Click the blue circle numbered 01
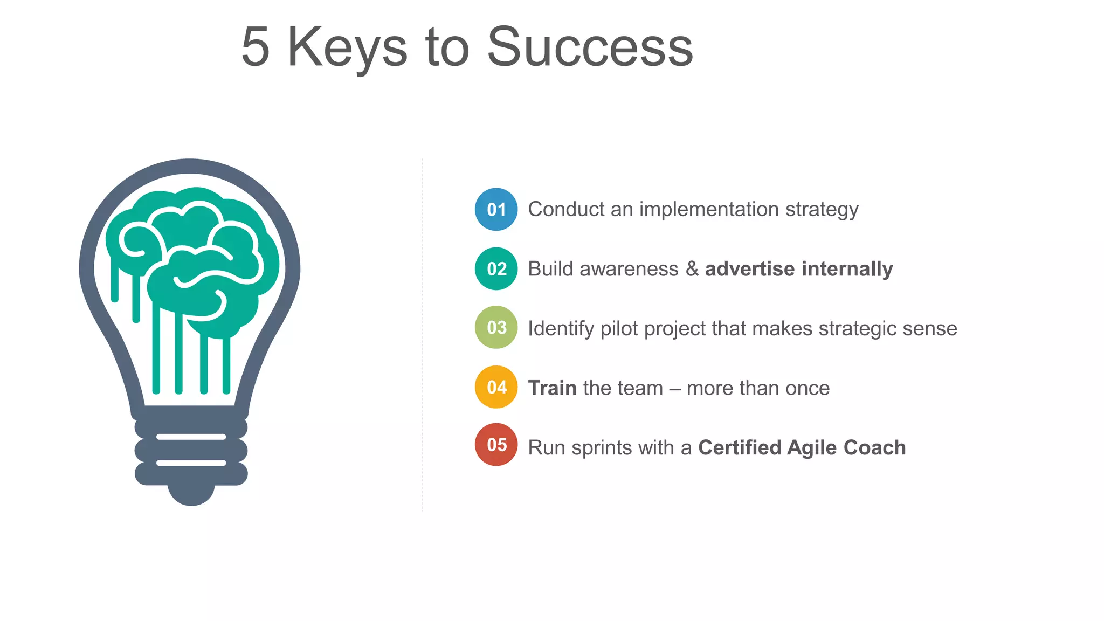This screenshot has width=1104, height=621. coord(496,209)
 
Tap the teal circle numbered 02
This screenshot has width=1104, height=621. coord(496,268)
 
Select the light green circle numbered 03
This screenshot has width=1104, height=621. coord(496,327)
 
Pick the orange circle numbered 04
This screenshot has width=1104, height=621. coord(496,387)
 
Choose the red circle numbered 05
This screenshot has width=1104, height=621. coord(496,445)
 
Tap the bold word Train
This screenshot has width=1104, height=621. coord(552,388)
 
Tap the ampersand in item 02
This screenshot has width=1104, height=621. coord(692,268)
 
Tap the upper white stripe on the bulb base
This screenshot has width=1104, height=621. coord(191,437)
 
